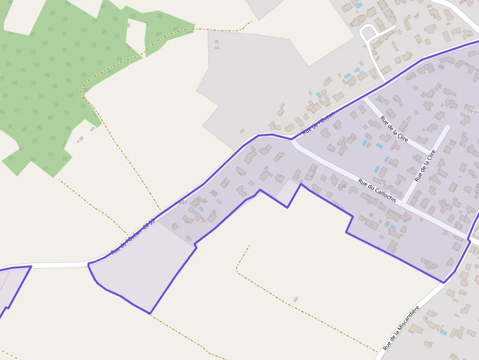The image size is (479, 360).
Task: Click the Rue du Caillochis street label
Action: [x=376, y=190]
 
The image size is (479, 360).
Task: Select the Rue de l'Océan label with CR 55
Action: [x=132, y=237]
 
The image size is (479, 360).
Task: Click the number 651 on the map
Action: [x=183, y=202]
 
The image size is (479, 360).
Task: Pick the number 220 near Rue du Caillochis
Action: [x=342, y=186]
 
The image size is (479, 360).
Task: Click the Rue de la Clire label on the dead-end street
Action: [x=425, y=166]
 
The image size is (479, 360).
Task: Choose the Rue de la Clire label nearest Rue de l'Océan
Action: [x=394, y=129]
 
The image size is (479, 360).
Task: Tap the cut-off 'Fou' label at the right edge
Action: [x=474, y=112]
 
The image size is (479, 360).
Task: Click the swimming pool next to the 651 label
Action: [x=201, y=209]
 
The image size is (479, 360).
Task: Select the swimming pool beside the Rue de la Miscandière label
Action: [x=443, y=332]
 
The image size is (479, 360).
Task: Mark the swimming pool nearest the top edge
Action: [x=359, y=5]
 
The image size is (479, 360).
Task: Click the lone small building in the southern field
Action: [x=295, y=299]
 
